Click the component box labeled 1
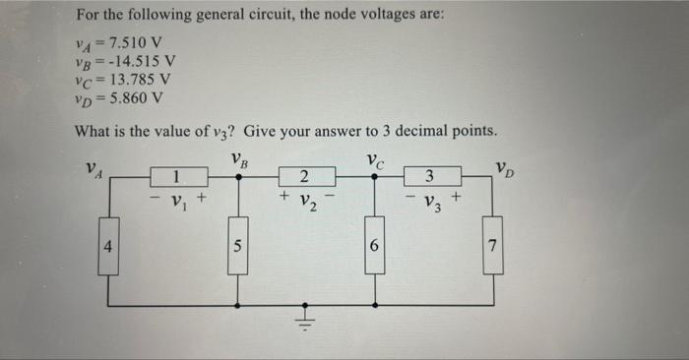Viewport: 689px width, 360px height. (177, 178)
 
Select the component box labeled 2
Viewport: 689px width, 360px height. (305, 178)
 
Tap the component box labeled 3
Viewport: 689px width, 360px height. (429, 178)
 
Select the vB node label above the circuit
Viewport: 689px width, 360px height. (237, 157)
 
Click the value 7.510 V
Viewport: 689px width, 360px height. (139, 42)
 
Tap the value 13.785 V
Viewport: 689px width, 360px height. (142, 80)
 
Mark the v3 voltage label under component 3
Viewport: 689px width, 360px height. (430, 204)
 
